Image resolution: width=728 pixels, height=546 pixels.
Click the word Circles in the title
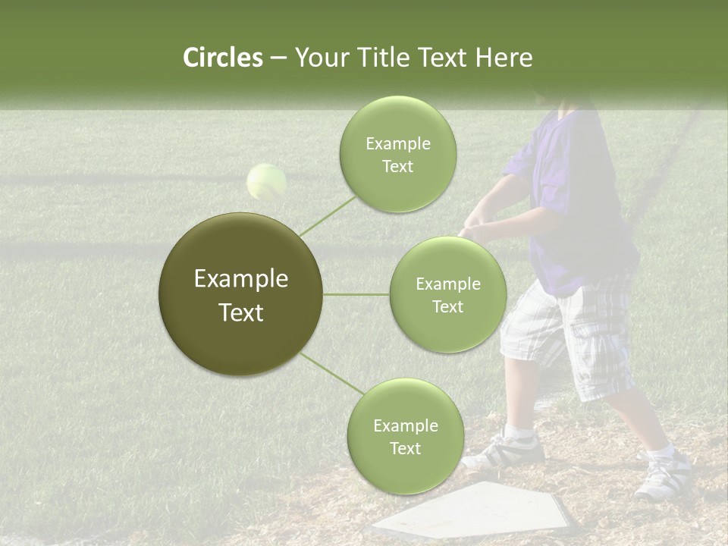coord(223,58)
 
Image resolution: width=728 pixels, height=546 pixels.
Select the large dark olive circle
coord(240,294)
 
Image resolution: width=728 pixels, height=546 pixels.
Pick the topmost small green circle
coord(397,154)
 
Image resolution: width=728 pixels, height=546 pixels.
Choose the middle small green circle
coord(447,294)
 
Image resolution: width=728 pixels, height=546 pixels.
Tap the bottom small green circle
coord(405,436)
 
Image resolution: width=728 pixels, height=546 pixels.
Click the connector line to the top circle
coord(328,214)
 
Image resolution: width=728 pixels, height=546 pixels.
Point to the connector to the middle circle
coord(356,294)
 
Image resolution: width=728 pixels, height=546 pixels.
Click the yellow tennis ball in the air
coord(266,182)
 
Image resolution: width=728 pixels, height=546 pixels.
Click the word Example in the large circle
coord(240,279)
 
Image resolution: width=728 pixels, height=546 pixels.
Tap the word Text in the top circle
coord(397,167)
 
